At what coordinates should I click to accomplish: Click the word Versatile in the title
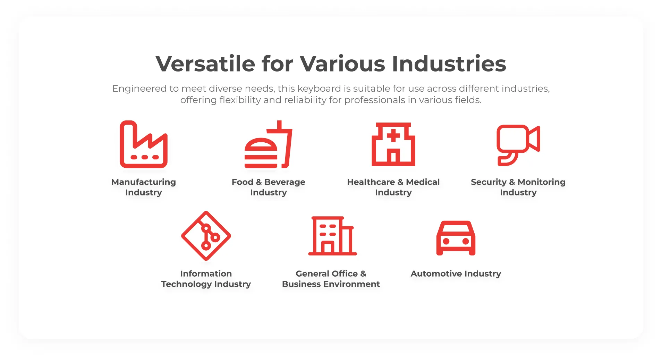click(205, 64)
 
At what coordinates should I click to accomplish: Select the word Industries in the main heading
click(449, 64)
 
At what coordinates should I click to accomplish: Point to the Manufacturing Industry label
click(144, 187)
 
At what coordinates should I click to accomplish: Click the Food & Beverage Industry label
click(269, 187)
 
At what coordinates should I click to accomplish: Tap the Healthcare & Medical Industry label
click(393, 187)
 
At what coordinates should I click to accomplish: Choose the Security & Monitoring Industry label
click(518, 187)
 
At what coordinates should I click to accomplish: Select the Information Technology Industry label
click(206, 279)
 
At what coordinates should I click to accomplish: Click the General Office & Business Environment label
click(331, 279)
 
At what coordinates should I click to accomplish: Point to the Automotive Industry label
click(456, 274)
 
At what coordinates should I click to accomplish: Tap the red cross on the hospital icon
click(393, 135)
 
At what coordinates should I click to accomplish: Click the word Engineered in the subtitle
click(139, 89)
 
